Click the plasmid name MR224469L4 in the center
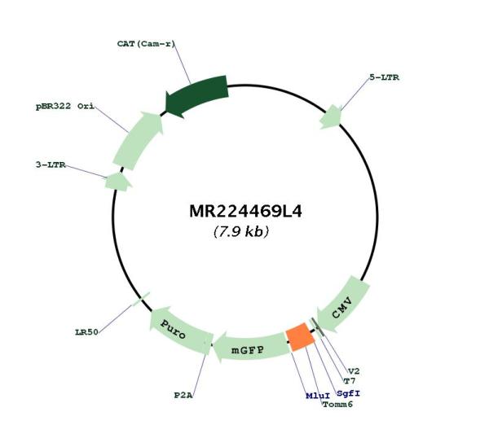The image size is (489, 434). (245, 212)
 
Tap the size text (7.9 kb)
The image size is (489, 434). (241, 231)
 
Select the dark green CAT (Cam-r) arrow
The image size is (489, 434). (196, 95)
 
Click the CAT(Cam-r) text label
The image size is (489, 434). (146, 44)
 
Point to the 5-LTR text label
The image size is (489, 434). (384, 77)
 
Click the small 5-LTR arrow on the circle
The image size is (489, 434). (331, 116)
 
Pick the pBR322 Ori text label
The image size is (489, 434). (65, 107)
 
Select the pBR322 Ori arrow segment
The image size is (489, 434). (139, 139)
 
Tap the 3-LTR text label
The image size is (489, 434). (51, 164)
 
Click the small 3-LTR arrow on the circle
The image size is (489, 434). (118, 182)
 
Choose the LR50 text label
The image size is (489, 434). (86, 332)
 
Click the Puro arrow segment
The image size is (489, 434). (180, 331)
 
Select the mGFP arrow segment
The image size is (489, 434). (252, 348)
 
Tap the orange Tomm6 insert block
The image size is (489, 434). (300, 337)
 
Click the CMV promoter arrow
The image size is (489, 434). (343, 305)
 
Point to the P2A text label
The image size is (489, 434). (183, 396)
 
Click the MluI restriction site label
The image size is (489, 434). (318, 396)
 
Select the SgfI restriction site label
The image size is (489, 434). (348, 393)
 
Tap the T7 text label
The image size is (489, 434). (350, 381)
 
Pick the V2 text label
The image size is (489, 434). (354, 371)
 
